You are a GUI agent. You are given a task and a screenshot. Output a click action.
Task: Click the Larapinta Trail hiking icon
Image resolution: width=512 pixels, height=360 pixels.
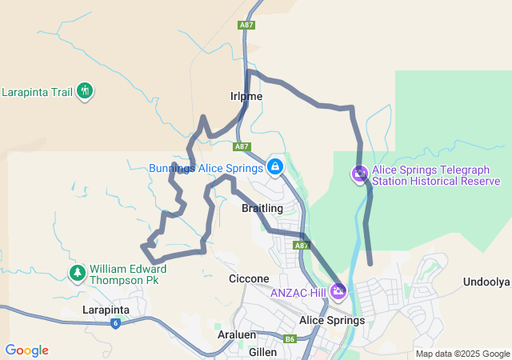click(85, 91)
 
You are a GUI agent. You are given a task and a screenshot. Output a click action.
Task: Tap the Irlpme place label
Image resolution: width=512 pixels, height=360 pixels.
click(246, 96)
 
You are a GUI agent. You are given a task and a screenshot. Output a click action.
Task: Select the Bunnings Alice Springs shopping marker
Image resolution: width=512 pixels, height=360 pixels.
click(274, 166)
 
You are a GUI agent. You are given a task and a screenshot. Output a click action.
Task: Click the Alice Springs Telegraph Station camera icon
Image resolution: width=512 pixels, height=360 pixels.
click(360, 174)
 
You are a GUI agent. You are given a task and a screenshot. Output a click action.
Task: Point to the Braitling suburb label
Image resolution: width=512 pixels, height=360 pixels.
click(262, 208)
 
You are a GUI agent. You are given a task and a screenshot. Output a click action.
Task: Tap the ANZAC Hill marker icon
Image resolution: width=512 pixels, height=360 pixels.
click(338, 291)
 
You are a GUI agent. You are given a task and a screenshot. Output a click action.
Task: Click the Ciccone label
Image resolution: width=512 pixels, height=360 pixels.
click(249, 278)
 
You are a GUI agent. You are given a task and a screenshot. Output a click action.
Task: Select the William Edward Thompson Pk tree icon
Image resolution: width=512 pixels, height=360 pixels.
click(78, 274)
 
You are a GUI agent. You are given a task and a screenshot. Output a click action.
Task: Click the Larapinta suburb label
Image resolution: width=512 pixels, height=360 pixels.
click(107, 309)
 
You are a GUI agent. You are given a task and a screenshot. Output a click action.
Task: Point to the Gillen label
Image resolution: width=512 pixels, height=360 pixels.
click(262, 351)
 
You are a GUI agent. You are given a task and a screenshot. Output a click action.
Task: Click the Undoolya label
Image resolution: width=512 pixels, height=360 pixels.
click(486, 282)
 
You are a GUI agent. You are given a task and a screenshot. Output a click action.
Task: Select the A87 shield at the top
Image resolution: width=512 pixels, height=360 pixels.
click(246, 26)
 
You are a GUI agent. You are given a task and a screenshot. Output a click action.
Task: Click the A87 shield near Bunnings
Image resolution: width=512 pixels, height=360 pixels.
click(242, 146)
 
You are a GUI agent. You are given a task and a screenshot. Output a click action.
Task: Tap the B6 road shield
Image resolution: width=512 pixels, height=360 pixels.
click(290, 339)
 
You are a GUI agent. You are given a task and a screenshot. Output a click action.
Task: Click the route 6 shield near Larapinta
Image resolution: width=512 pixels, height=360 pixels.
click(116, 323)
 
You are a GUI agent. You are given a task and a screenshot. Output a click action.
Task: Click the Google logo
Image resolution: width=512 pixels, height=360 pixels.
click(26, 350)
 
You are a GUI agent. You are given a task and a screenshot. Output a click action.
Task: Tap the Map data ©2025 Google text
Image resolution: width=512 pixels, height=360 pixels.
click(462, 354)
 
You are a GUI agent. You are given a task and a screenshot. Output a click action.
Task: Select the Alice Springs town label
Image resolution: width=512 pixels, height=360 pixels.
click(331, 320)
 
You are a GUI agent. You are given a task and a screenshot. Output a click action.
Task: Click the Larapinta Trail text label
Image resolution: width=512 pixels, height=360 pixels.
click(37, 92)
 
